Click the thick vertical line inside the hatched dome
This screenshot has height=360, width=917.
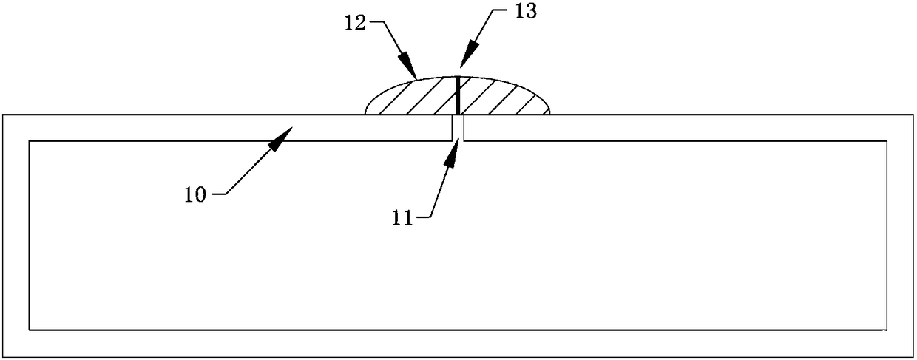(458, 95)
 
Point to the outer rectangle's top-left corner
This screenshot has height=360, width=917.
(2, 115)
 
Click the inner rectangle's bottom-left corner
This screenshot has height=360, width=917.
(29, 330)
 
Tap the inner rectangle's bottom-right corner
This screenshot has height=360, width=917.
(887, 330)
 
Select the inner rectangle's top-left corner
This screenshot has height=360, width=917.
(29, 140)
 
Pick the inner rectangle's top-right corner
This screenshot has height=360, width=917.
(887, 140)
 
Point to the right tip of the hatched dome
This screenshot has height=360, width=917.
(551, 113)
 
